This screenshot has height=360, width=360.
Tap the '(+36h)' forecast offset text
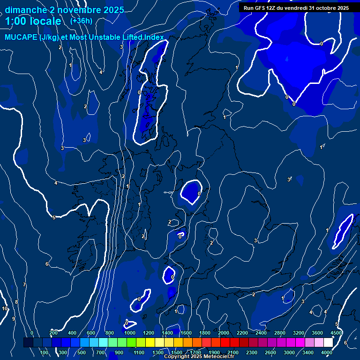[81, 21]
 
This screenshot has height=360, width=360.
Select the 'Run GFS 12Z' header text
[262, 8]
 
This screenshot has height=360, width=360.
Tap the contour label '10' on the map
[5, 308]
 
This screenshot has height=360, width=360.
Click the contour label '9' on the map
[14, 319]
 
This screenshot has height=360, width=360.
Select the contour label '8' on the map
[16, 302]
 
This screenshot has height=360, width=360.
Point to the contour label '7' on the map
[24, 285]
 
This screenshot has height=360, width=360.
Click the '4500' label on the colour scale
[336, 333]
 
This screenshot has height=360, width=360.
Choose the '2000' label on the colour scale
[224, 333]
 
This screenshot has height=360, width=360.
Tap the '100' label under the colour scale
[44, 352]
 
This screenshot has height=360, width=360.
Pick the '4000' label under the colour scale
[327, 352]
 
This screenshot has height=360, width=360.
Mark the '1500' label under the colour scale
[177, 352]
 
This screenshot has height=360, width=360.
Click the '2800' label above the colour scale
[280, 333]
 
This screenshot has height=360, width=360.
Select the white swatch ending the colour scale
[328, 343]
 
